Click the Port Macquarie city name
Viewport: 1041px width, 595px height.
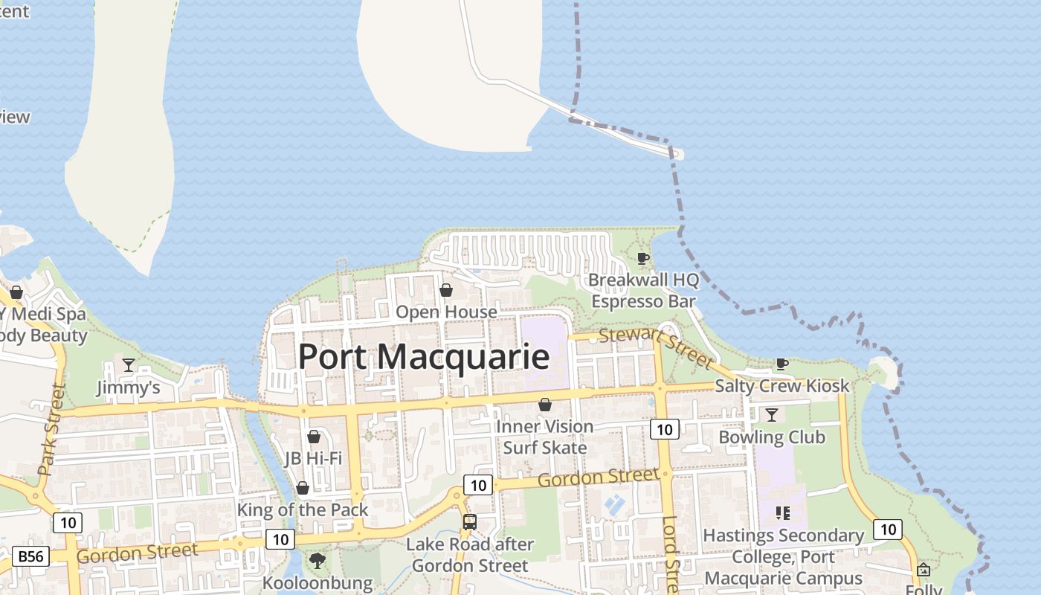coord(424,357)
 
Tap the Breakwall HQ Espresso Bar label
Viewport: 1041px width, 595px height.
coord(644,291)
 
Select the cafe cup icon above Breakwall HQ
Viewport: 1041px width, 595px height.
coord(643,258)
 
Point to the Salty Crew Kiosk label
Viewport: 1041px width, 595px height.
coord(781,386)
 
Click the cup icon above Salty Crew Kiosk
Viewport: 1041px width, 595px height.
coord(781,364)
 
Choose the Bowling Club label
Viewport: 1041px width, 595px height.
coord(772,437)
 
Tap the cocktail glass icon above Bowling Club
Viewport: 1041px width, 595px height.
coord(772,414)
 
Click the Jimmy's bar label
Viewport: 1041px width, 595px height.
coord(129,387)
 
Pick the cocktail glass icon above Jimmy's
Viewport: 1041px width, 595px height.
coord(129,364)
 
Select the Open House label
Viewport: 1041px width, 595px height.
coord(446,312)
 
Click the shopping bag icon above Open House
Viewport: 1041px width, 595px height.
coord(446,289)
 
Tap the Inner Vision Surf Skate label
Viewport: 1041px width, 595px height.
coord(545,437)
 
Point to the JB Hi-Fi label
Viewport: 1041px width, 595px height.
coord(313,458)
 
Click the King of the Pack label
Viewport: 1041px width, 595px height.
coord(303,510)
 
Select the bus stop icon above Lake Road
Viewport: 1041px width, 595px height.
coord(469,521)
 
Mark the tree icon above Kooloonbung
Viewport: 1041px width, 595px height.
coord(318,560)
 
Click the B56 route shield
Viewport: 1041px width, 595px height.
coord(30,556)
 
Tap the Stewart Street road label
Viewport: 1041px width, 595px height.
coord(656,347)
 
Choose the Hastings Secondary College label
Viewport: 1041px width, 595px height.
coord(783,556)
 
